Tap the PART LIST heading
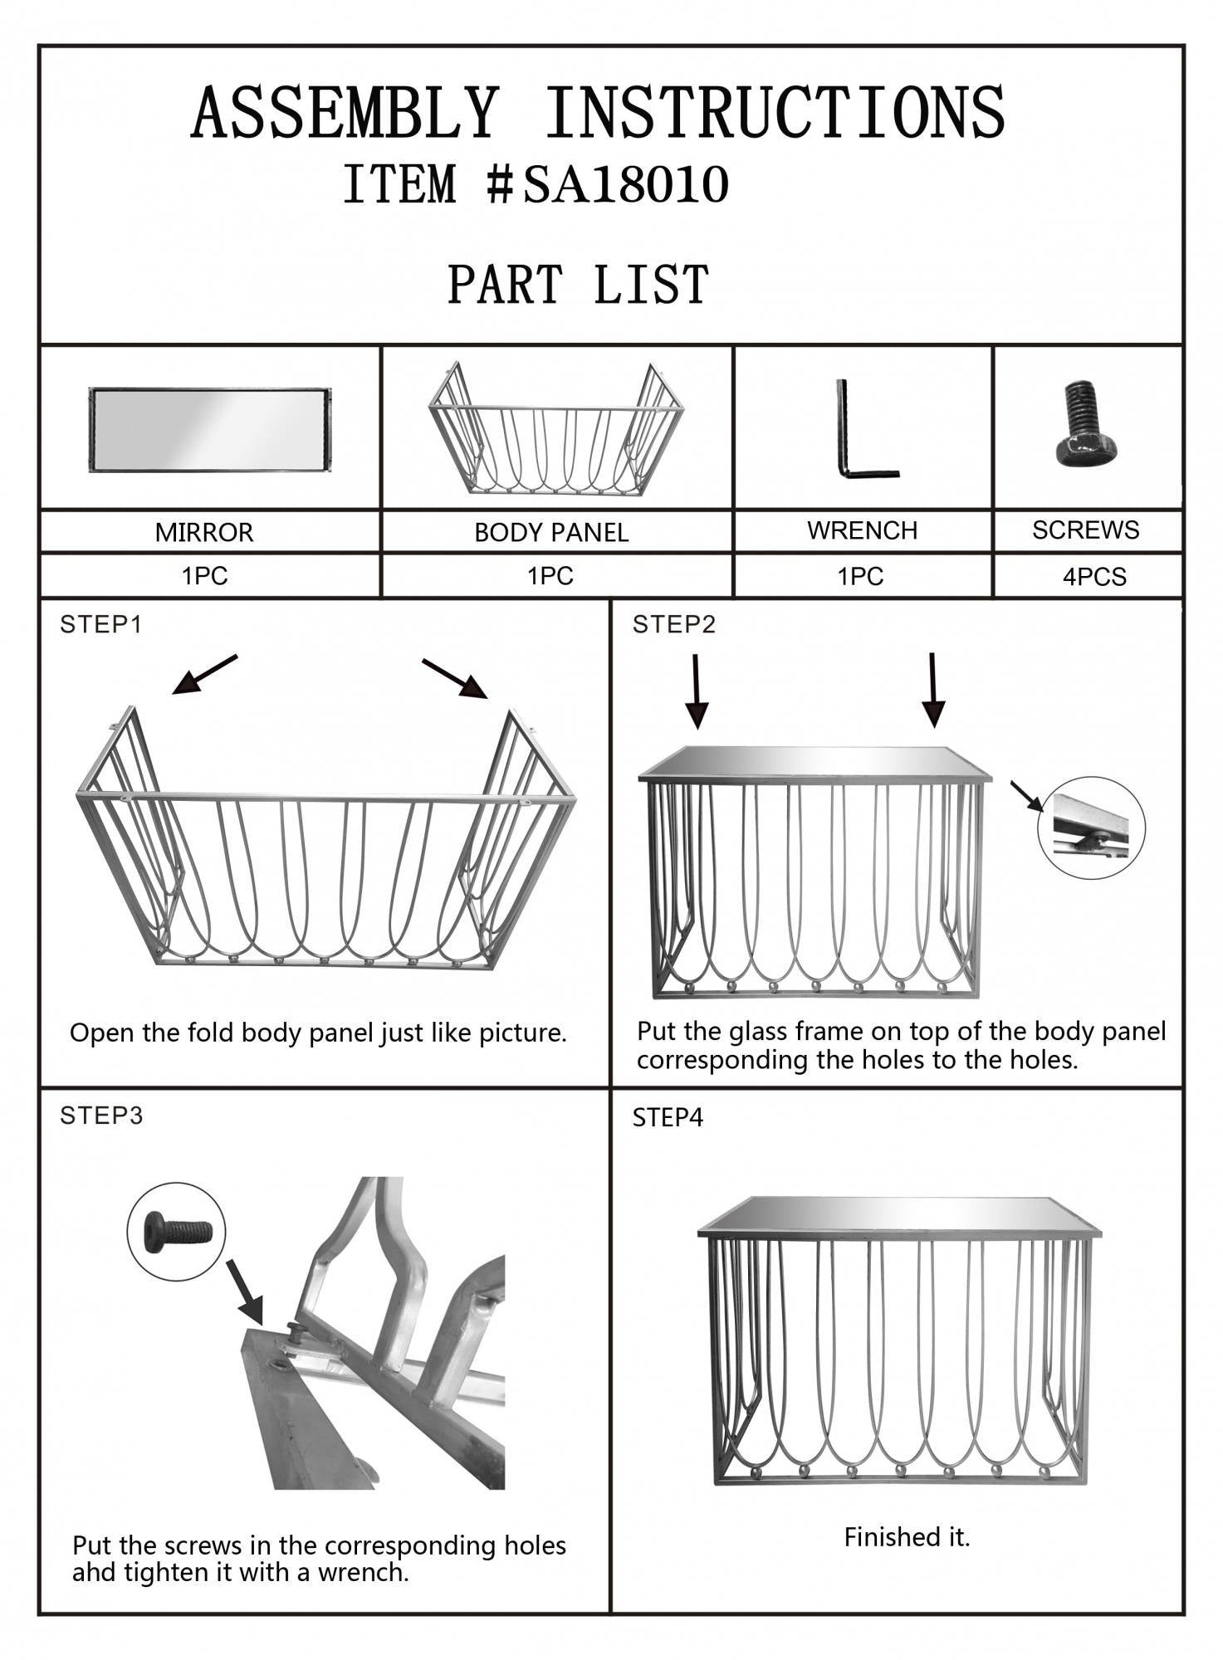coord(578,285)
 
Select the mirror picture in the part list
coord(210,430)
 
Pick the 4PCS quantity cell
coord(1094,577)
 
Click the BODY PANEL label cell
coord(551,532)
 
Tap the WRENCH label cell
coord(862,530)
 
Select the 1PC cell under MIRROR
coord(204,576)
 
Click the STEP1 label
coord(101,625)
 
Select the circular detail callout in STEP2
coord(1091,828)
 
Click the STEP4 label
coord(668,1118)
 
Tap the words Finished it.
coord(907,1537)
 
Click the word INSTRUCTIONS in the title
coord(775,113)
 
